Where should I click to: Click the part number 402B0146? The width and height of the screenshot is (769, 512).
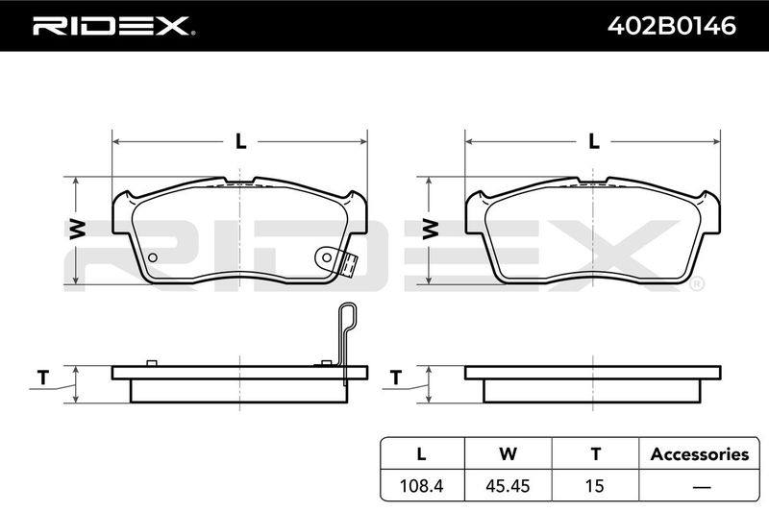(671, 26)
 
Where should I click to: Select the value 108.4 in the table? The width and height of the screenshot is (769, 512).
(422, 485)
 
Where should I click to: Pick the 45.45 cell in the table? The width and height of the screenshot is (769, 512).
(508, 485)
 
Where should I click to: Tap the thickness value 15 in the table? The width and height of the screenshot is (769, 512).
(594, 485)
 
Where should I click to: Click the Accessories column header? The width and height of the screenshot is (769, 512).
(700, 454)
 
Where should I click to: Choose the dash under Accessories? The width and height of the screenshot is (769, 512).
(702, 487)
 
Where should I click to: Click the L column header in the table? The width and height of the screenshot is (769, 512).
(421, 454)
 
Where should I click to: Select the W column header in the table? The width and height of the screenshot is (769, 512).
(509, 454)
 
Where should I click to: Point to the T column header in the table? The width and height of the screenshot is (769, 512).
(595, 454)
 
